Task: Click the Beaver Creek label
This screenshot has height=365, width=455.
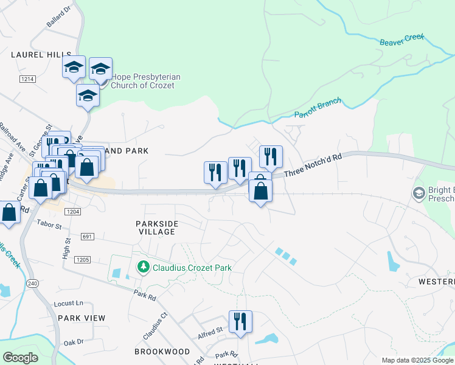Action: tap(401, 40)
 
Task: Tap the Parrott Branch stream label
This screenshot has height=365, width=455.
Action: tap(318, 109)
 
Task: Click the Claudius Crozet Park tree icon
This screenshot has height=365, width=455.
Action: tap(144, 268)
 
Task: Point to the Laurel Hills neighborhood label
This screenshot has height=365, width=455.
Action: tap(36, 55)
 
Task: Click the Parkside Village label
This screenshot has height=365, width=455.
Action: tap(157, 228)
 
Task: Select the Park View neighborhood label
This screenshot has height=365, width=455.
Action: tap(82, 318)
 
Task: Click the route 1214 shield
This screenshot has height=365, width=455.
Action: tap(27, 79)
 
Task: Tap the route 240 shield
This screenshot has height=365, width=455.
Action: tap(32, 283)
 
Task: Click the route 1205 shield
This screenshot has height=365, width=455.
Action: tap(82, 260)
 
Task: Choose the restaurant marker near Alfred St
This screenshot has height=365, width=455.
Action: tap(240, 322)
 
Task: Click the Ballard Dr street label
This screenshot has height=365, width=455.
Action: tap(59, 17)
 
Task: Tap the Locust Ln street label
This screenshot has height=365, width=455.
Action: tap(68, 303)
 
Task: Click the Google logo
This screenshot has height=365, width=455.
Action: tap(20, 358)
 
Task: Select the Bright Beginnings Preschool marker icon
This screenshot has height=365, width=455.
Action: tap(419, 193)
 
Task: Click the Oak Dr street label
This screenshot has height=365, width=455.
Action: tap(74, 342)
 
